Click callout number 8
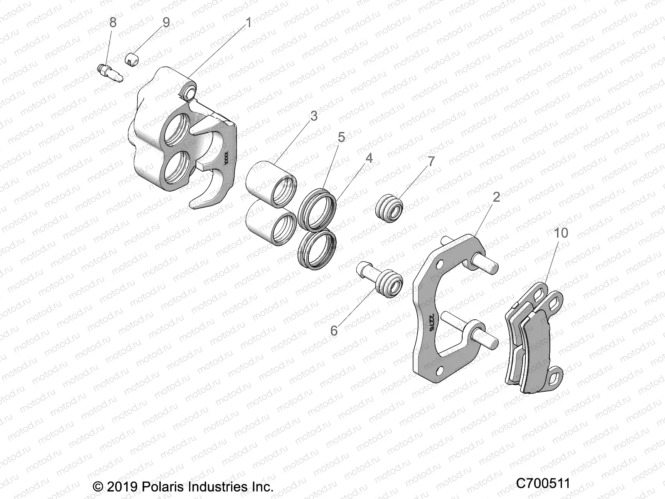[113, 23]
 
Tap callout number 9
[166, 22]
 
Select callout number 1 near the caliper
[249, 23]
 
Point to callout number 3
[314, 116]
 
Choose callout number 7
[431, 161]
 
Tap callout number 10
[561, 233]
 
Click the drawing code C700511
[542, 484]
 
